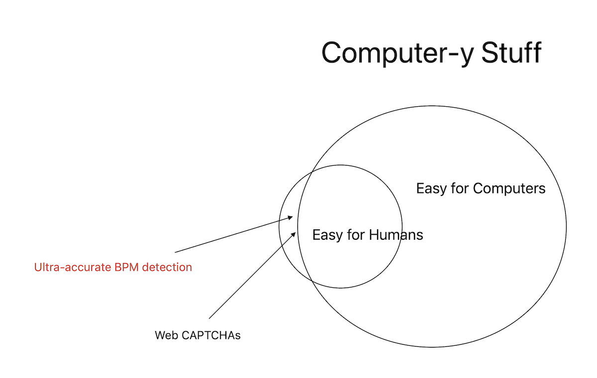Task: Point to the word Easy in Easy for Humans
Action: (326, 234)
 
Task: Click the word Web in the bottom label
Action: (166, 335)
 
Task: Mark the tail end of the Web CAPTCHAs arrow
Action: (209, 318)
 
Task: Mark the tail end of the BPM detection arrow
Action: (175, 253)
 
